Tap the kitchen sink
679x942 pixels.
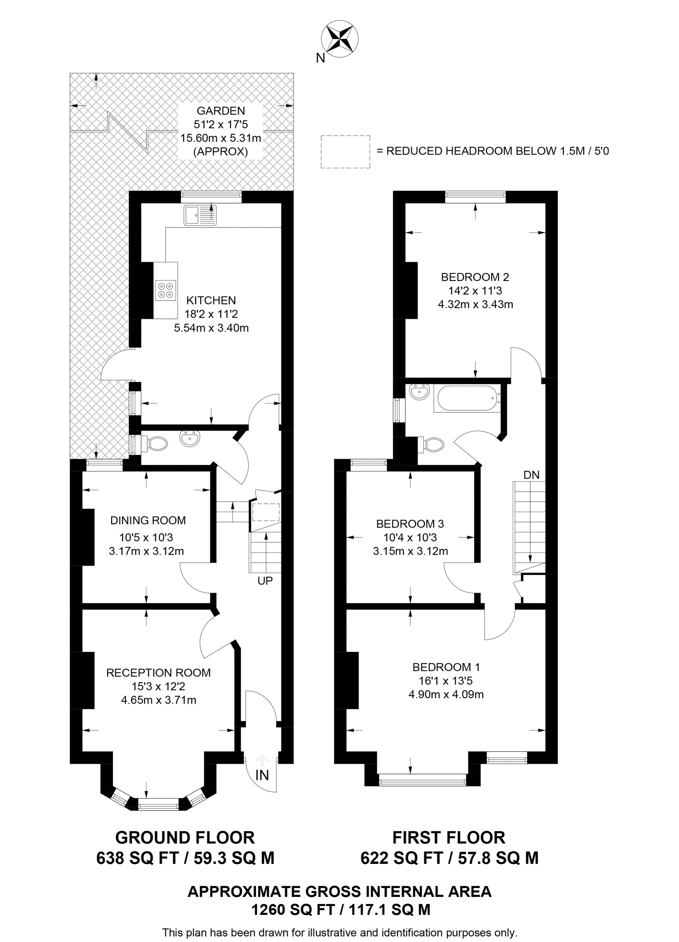click(x=200, y=215)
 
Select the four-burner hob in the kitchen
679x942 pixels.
click(x=165, y=290)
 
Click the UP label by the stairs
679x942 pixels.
click(x=265, y=581)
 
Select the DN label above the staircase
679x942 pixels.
click(x=531, y=475)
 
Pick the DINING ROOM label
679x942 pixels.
click(x=148, y=520)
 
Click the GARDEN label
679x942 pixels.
click(x=220, y=110)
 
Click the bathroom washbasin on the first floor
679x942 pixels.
click(x=419, y=391)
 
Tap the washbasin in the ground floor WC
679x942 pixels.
click(x=190, y=438)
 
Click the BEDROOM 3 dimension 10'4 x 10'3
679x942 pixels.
click(x=410, y=537)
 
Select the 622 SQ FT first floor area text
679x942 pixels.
click(x=449, y=858)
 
